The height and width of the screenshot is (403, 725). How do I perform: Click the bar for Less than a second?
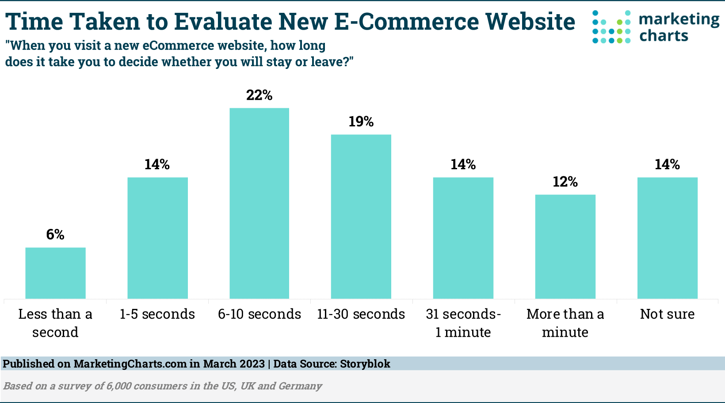[x=55, y=273]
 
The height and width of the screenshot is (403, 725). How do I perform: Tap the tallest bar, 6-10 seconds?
[x=259, y=203]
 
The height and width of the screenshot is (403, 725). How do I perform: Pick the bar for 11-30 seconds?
[x=361, y=217]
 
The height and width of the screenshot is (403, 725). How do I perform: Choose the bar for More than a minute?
[x=565, y=247]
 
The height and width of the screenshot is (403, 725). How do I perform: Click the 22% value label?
[x=259, y=95]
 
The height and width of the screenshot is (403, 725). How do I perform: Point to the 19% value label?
[x=361, y=122]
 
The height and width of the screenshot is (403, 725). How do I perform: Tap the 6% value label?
[x=55, y=235]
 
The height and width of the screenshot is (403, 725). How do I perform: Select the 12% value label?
[x=565, y=182]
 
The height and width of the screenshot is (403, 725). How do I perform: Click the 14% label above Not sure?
[x=667, y=164]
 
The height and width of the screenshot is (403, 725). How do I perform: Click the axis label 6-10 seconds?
[x=259, y=314]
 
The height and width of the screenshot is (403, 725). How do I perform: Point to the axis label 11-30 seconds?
[x=361, y=314]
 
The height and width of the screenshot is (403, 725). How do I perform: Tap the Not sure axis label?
[x=667, y=314]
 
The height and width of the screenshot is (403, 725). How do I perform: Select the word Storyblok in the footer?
[x=365, y=364]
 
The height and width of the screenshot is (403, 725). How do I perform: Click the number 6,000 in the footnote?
[x=119, y=386]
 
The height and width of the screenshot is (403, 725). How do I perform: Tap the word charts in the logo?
[x=664, y=36]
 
